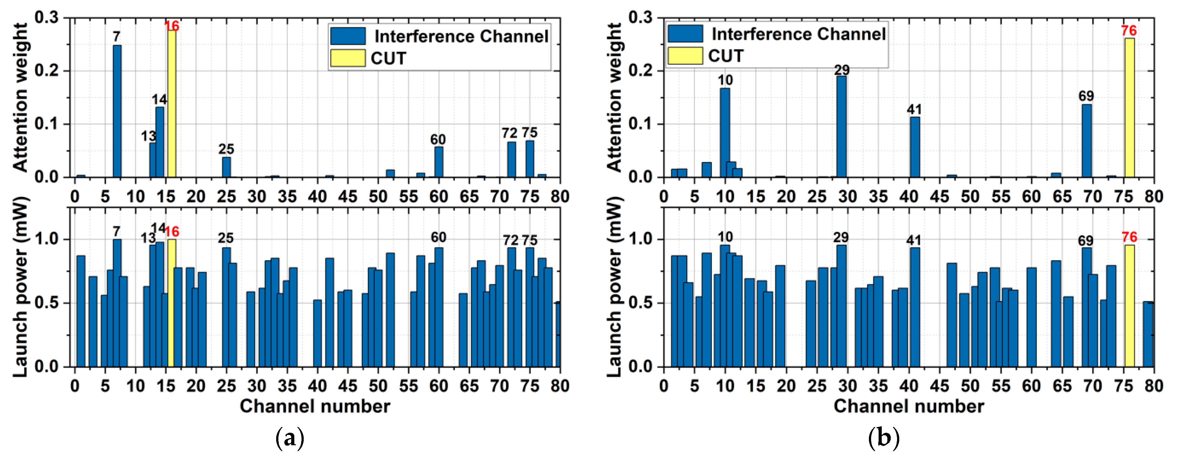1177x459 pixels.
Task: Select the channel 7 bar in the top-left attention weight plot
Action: coord(117,111)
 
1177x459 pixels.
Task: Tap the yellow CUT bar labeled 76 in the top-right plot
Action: coord(1129,108)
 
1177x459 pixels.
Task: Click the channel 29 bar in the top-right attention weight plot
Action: coord(841,127)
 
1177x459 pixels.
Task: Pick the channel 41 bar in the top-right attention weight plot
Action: coord(915,147)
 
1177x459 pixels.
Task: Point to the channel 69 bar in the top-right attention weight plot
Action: coord(1087,141)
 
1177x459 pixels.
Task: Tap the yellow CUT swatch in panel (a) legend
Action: coord(348,58)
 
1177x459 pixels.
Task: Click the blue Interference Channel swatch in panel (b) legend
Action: coord(685,33)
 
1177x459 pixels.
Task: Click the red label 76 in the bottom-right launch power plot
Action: coord(1129,237)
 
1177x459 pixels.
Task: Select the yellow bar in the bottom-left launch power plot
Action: coord(172,303)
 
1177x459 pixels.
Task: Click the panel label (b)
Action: coord(883,438)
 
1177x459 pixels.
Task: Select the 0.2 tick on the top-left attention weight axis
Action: coord(48,71)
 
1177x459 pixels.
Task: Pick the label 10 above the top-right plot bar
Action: coord(725,80)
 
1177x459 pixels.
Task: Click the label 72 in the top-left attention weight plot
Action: coord(510,133)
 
